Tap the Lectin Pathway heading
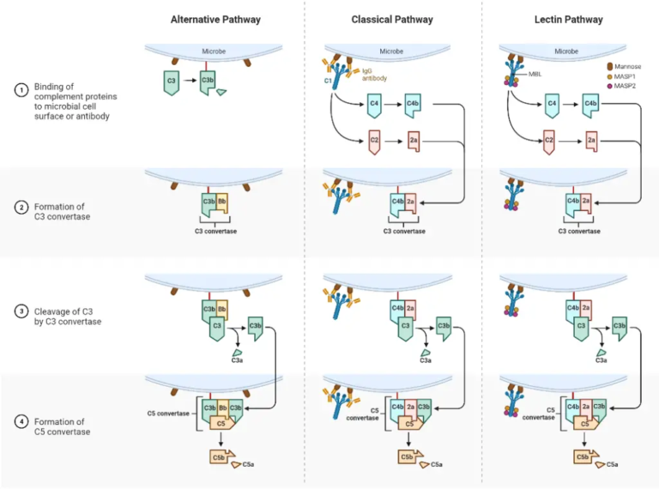coord(566,19)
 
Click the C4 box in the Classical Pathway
coord(374,105)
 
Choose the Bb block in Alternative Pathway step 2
coord(221,202)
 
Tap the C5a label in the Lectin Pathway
coord(612,464)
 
